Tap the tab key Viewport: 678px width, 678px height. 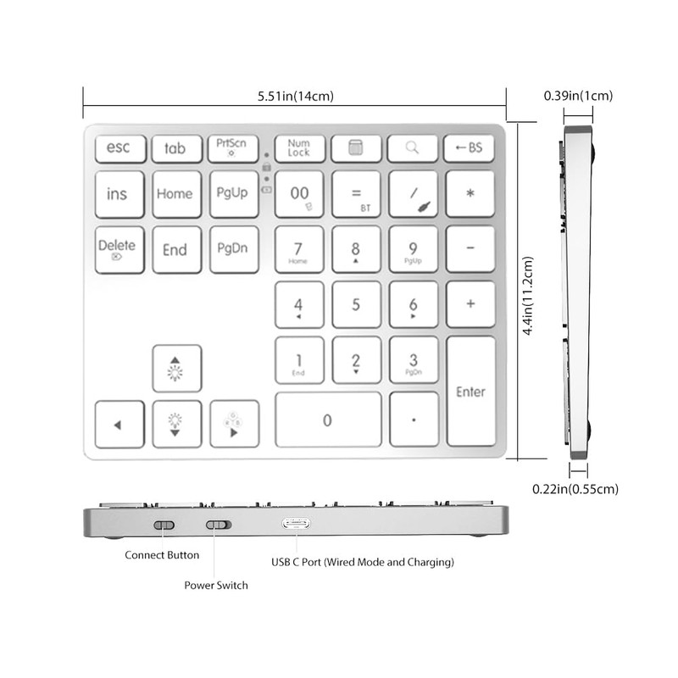point(176,148)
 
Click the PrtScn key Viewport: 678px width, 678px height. point(232,148)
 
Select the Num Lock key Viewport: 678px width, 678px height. point(298,148)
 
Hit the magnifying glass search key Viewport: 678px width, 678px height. point(412,148)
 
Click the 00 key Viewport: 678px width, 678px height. point(299,194)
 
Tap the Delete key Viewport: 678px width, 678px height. point(119,249)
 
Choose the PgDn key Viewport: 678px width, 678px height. point(233,249)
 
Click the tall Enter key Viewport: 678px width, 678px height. point(470,391)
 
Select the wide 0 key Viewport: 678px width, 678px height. point(328,419)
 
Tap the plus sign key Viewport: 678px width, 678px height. point(470,304)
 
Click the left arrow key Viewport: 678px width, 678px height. point(119,424)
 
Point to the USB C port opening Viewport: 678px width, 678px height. point(296,524)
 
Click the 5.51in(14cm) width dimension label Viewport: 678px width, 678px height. point(295,96)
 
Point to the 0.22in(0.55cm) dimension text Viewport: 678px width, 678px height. point(575,489)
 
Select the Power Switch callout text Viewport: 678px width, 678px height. point(216,586)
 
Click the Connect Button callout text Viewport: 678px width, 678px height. point(162,555)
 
